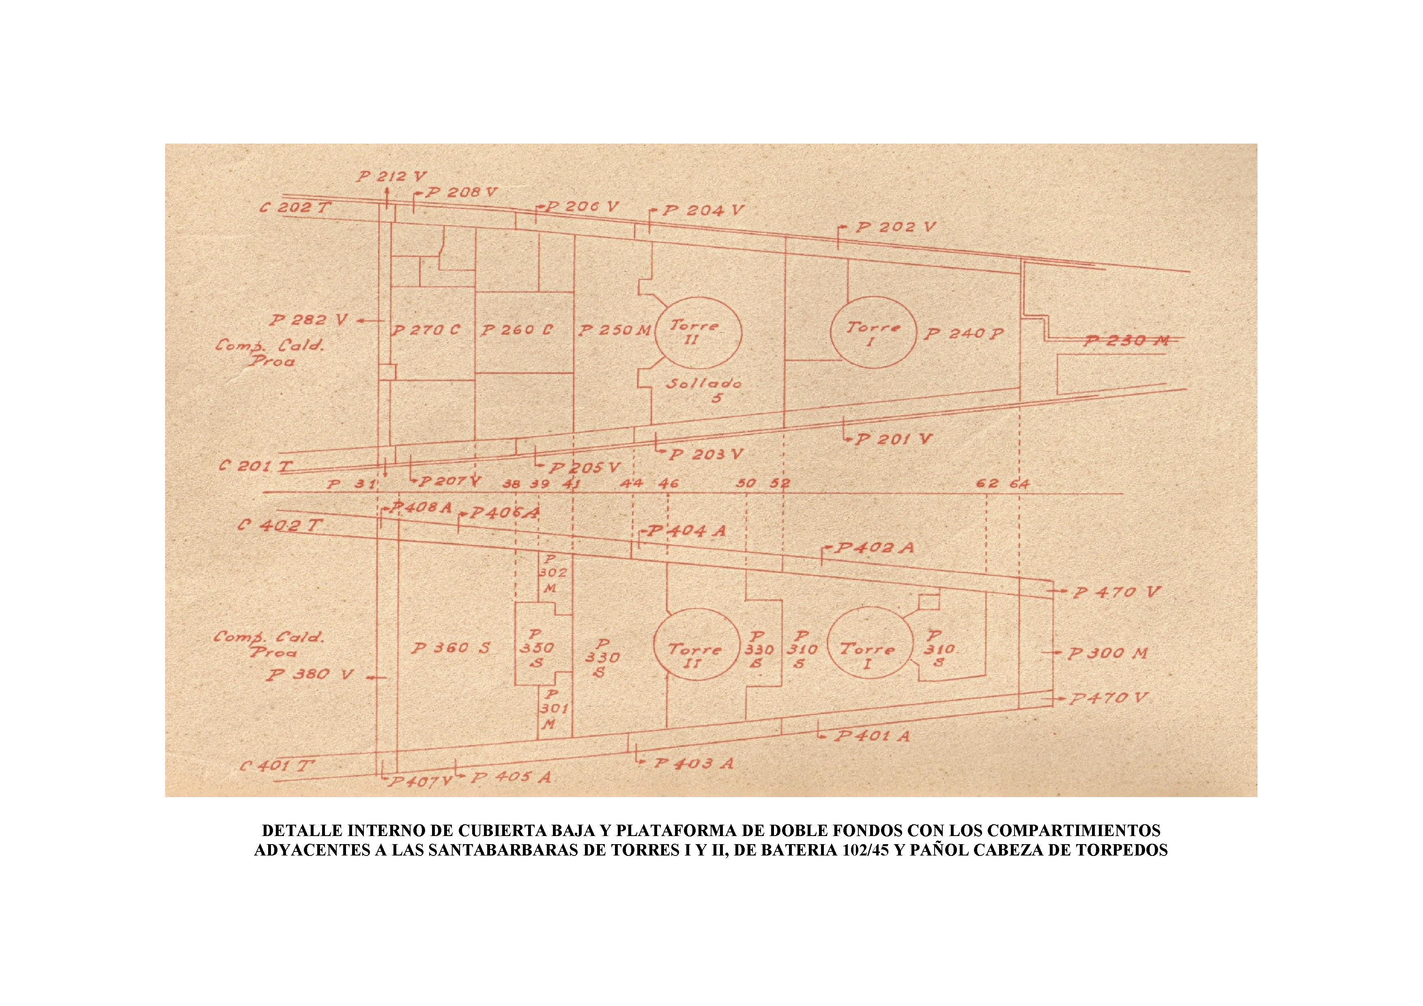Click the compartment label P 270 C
[x=426, y=330]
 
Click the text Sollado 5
[x=705, y=391]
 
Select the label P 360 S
[x=451, y=648]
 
